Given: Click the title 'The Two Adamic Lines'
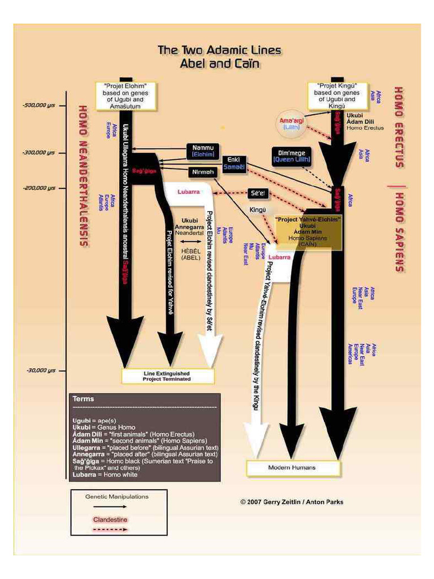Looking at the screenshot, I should [x=219, y=50].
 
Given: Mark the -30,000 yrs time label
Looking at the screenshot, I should [x=41, y=370].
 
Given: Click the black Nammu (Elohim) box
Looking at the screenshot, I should [x=202, y=150].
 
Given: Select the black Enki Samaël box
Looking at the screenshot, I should [x=233, y=163].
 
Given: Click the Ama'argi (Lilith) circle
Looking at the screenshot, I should [x=292, y=124].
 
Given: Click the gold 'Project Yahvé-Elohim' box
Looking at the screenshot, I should [x=307, y=230].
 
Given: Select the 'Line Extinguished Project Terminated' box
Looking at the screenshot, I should [x=168, y=376].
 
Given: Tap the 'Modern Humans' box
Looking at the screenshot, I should [x=292, y=468].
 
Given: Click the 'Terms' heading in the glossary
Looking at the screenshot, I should [x=84, y=399].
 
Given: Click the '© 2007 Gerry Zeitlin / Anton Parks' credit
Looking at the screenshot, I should [x=291, y=502].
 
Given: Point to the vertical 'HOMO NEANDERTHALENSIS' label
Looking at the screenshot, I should [x=84, y=175].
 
